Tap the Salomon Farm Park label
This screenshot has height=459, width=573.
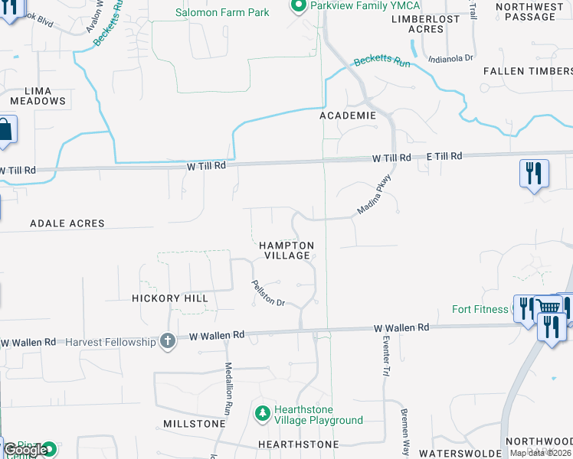pos(222,12)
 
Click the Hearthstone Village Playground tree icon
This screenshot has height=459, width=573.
pos(263,414)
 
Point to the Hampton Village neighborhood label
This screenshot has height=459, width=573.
pos(286,250)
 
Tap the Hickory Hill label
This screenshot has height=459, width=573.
pos(169,298)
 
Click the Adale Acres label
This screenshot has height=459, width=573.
pos(67,223)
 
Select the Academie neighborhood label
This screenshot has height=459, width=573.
pos(348,116)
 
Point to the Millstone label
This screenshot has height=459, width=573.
pos(194,423)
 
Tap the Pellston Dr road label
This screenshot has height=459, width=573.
pos(268,293)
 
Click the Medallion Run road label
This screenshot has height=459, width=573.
pos(228,388)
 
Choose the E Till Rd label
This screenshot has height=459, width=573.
pos(445,156)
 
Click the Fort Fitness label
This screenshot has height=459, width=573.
pos(480,310)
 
